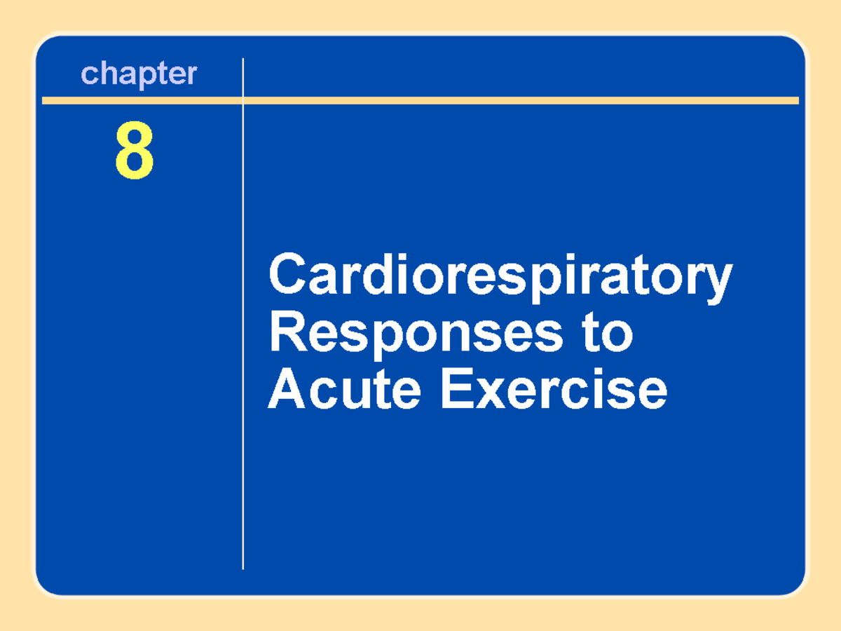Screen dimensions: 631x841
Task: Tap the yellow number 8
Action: [134, 151]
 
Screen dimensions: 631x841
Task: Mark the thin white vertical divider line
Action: [243, 351]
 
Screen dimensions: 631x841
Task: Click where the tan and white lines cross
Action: [243, 101]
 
